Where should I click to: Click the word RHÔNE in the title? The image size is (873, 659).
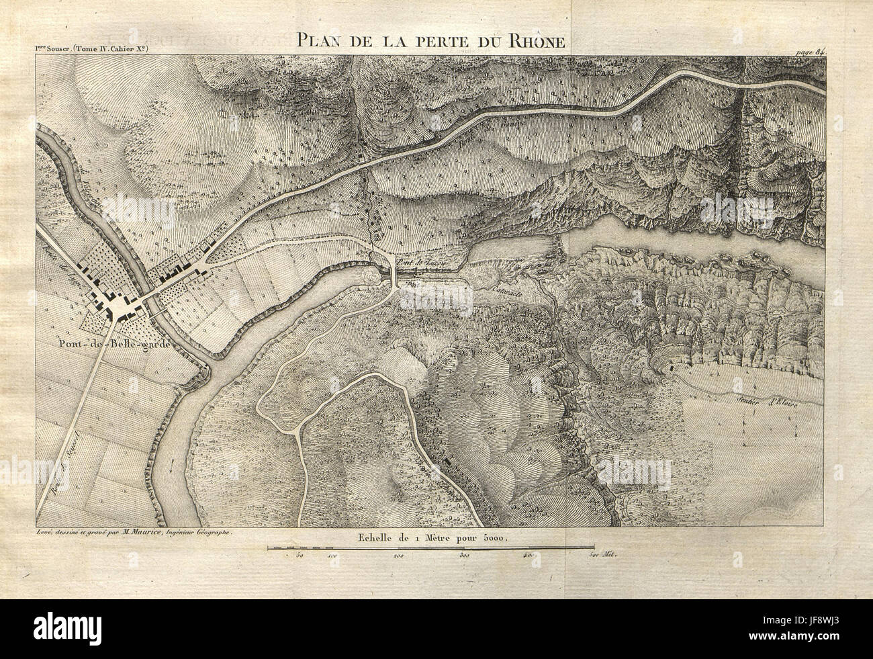point(540,40)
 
